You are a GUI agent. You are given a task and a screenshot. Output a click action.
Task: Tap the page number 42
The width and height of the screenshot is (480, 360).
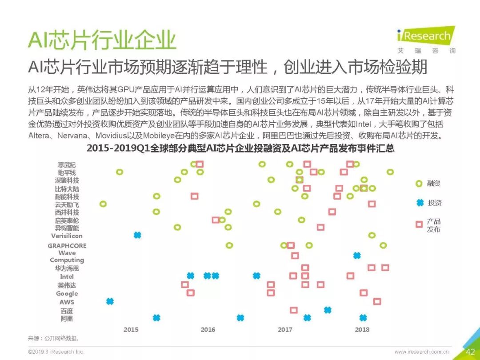(470, 352)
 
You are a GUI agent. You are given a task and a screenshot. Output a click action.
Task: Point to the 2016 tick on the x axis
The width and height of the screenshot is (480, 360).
(208, 329)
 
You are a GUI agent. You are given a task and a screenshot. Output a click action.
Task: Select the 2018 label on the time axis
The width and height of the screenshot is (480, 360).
(362, 329)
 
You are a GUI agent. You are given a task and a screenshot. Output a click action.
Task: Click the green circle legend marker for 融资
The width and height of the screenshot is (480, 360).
(419, 184)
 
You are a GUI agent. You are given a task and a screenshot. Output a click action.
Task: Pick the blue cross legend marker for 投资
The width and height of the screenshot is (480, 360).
(419, 203)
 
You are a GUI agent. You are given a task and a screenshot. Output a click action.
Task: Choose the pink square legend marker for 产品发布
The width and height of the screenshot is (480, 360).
(419, 224)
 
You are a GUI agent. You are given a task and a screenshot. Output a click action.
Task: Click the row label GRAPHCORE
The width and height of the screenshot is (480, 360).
(67, 245)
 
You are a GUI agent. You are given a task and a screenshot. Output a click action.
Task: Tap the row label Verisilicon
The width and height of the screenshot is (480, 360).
(67, 236)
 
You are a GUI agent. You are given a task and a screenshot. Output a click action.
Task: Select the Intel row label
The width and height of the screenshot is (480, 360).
(67, 276)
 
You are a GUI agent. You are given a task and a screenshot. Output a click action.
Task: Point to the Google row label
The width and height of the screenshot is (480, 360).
(67, 293)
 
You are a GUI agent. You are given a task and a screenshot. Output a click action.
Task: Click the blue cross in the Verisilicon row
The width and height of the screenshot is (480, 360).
(137, 235)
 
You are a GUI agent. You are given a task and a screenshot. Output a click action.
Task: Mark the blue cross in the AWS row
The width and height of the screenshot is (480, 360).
(110, 301)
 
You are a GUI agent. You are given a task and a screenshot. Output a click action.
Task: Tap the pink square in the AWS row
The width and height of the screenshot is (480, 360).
(377, 301)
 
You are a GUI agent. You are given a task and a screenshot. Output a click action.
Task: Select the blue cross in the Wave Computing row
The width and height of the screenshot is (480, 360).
(356, 255)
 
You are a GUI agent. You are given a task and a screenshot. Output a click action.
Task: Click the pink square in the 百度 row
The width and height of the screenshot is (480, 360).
(293, 310)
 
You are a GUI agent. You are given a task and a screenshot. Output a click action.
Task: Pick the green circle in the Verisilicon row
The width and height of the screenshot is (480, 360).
(372, 235)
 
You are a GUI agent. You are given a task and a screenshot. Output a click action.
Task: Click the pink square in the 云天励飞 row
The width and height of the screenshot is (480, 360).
(372, 204)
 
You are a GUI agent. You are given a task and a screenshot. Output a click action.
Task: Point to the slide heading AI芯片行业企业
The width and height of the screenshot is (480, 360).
(102, 40)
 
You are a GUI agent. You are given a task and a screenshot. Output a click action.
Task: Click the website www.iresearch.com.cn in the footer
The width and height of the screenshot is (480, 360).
(421, 352)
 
